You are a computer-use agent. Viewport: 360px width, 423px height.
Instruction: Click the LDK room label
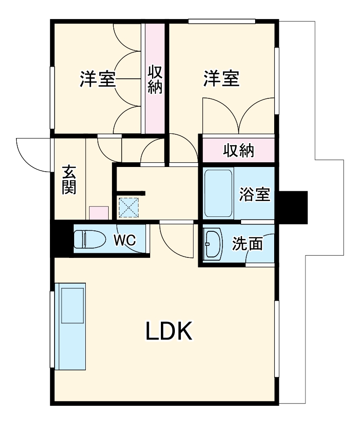169,332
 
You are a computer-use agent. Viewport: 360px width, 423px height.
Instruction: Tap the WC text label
125,240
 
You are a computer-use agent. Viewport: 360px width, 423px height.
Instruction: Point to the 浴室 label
255,194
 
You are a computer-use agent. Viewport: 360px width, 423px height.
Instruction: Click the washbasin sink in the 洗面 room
213,243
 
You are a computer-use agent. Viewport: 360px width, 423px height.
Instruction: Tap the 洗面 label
247,243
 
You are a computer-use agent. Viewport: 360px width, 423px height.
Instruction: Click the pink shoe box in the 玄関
99,213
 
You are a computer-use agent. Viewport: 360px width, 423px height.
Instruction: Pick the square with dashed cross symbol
129,207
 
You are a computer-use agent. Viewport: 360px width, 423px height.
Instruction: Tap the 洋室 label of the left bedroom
97,79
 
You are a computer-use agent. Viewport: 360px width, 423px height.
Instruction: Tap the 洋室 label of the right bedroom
222,78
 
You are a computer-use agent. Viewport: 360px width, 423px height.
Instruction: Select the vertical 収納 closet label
155,80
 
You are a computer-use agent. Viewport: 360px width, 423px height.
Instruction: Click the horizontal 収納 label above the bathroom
238,151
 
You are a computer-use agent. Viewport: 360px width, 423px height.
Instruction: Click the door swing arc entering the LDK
176,240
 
